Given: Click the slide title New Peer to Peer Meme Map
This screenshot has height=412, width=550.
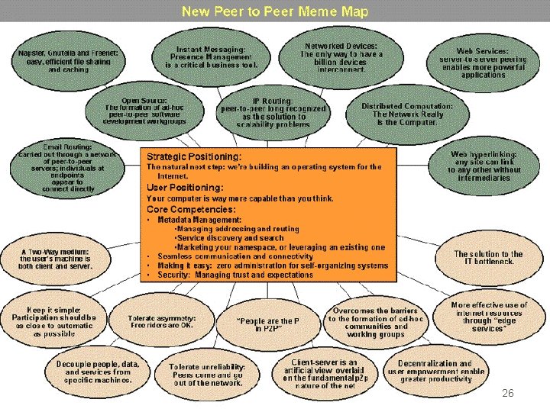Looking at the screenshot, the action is (x=274, y=11).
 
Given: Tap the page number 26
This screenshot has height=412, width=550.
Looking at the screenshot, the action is (x=508, y=393).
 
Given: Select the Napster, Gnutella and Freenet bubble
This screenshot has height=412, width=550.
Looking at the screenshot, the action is (x=68, y=62).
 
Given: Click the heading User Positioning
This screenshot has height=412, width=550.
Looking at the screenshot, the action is (x=185, y=187).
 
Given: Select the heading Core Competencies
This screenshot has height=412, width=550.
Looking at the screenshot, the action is (x=191, y=208).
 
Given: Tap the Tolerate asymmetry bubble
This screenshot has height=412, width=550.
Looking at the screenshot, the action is (x=161, y=321).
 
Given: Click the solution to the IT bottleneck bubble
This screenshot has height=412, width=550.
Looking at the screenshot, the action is (x=488, y=257).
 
